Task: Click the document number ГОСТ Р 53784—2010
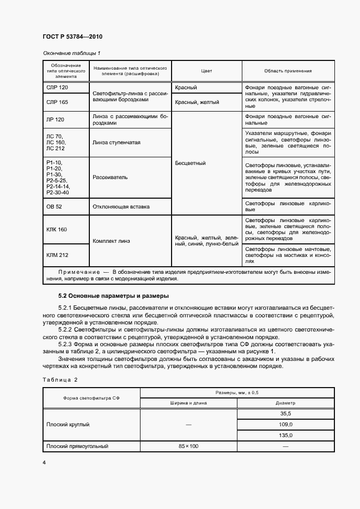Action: pyautogui.click(x=72, y=36)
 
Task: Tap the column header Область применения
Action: pyautogui.click(x=288, y=71)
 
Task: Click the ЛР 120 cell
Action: pyautogui.click(x=55, y=119)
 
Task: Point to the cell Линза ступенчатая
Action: pyautogui.click(x=117, y=142)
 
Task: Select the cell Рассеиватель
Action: pyautogui.click(x=110, y=177)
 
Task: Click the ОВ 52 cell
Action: pyautogui.click(x=55, y=207)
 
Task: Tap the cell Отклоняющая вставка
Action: pyautogui.click(x=121, y=207)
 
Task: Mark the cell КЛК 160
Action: pyautogui.click(x=57, y=230)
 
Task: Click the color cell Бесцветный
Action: pyautogui.click(x=191, y=163)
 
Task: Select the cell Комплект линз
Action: pyautogui.click(x=112, y=241)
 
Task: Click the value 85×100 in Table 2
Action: pyautogui.click(x=189, y=446)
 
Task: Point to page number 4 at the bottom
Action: pyautogui.click(x=44, y=463)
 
